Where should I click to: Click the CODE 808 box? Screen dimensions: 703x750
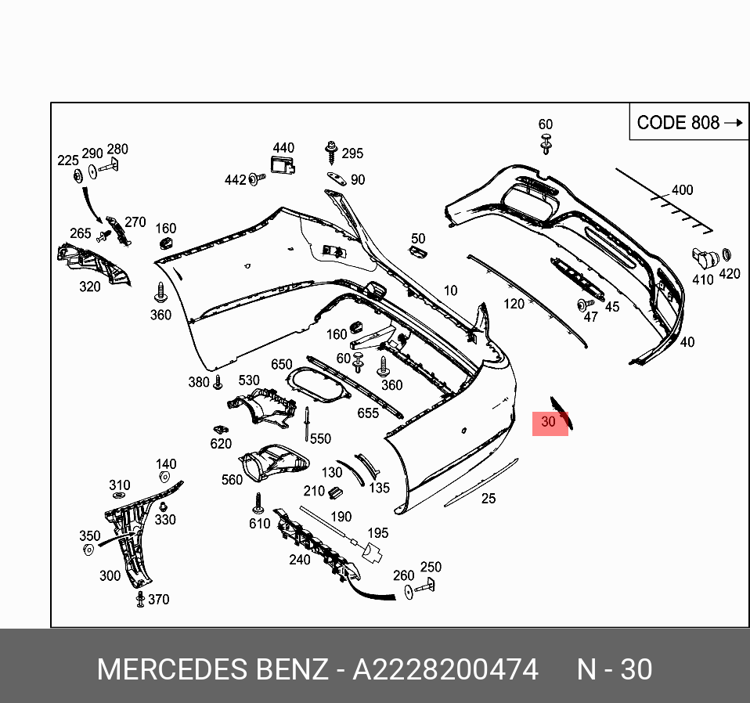click(688, 122)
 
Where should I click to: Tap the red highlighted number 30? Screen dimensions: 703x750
click(549, 422)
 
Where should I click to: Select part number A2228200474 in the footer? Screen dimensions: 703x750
click(445, 669)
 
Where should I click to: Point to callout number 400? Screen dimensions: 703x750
click(682, 190)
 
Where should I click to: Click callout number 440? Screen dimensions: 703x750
click(283, 148)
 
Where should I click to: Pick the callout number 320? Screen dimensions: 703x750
click(90, 287)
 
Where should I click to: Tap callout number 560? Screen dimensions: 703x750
click(232, 479)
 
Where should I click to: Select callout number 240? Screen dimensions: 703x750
click(299, 559)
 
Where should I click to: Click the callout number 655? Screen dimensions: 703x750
click(368, 413)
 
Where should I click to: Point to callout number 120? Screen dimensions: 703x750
click(514, 304)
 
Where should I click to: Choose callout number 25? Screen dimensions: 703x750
click(489, 498)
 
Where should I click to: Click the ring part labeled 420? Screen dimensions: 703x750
click(726, 254)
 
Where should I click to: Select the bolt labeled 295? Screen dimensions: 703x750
click(331, 150)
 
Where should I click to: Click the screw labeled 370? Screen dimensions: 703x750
click(140, 599)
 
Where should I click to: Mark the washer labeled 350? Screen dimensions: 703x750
click(88, 550)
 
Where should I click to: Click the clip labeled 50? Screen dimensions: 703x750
click(416, 251)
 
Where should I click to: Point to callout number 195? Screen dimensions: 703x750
click(378, 533)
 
